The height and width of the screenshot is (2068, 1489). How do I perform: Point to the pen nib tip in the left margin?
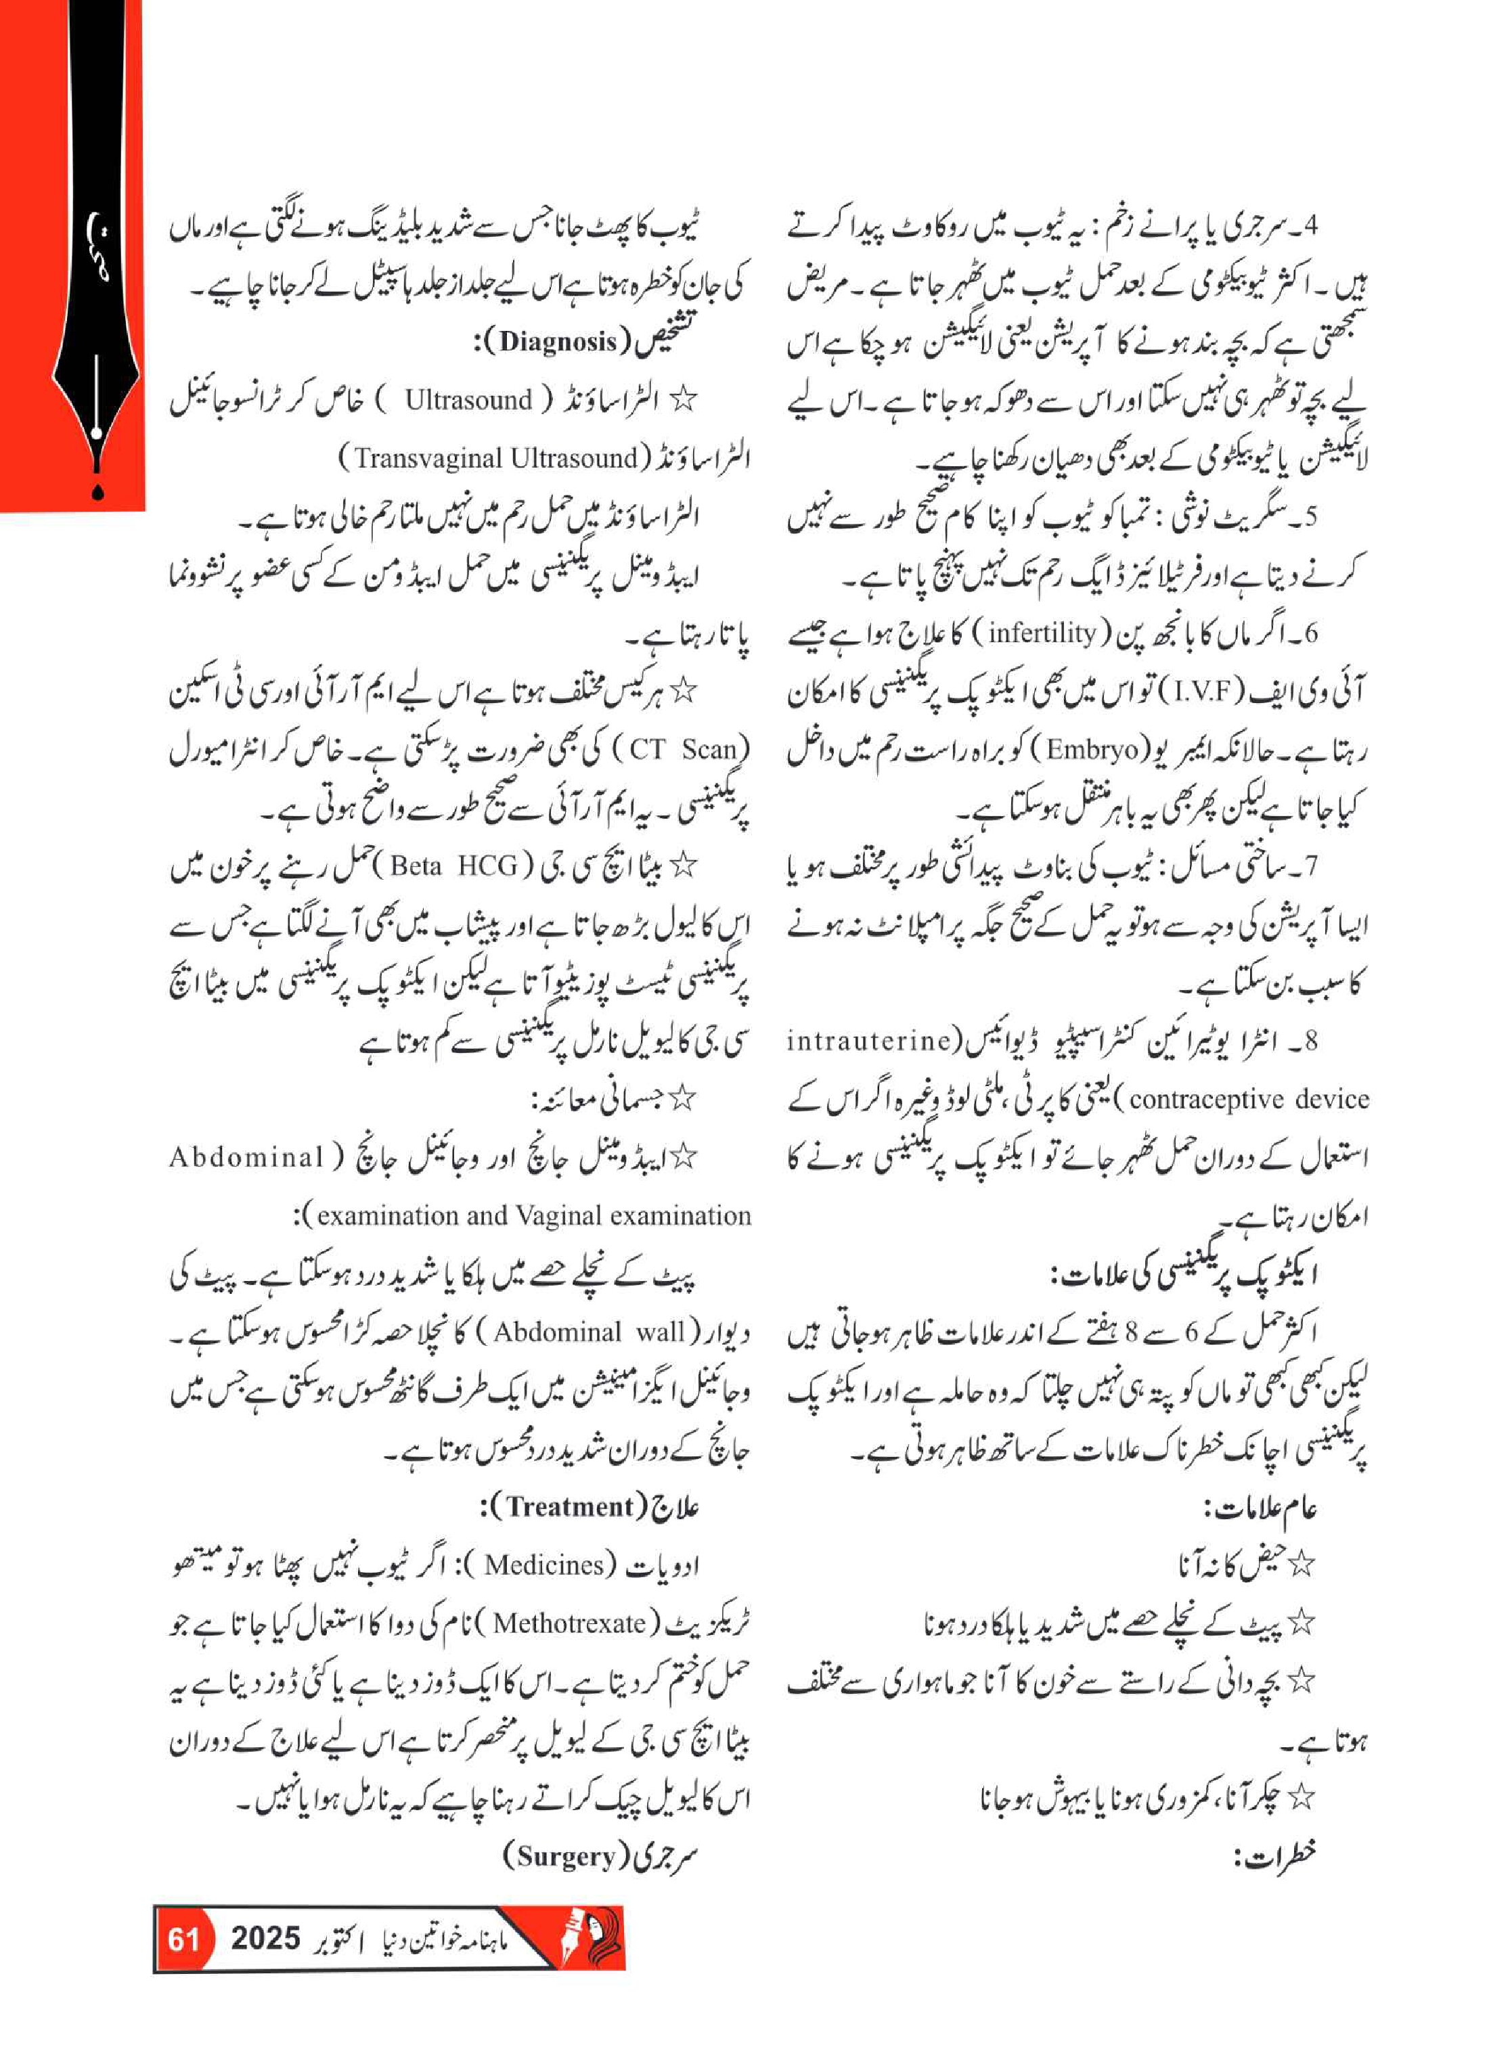pyautogui.click(x=97, y=493)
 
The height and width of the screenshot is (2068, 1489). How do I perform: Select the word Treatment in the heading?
pyautogui.click(x=569, y=1506)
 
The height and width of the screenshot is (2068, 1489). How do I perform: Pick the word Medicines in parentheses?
pyautogui.click(x=544, y=1565)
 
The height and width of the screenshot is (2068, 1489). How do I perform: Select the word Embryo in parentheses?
pyautogui.click(x=1092, y=750)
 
